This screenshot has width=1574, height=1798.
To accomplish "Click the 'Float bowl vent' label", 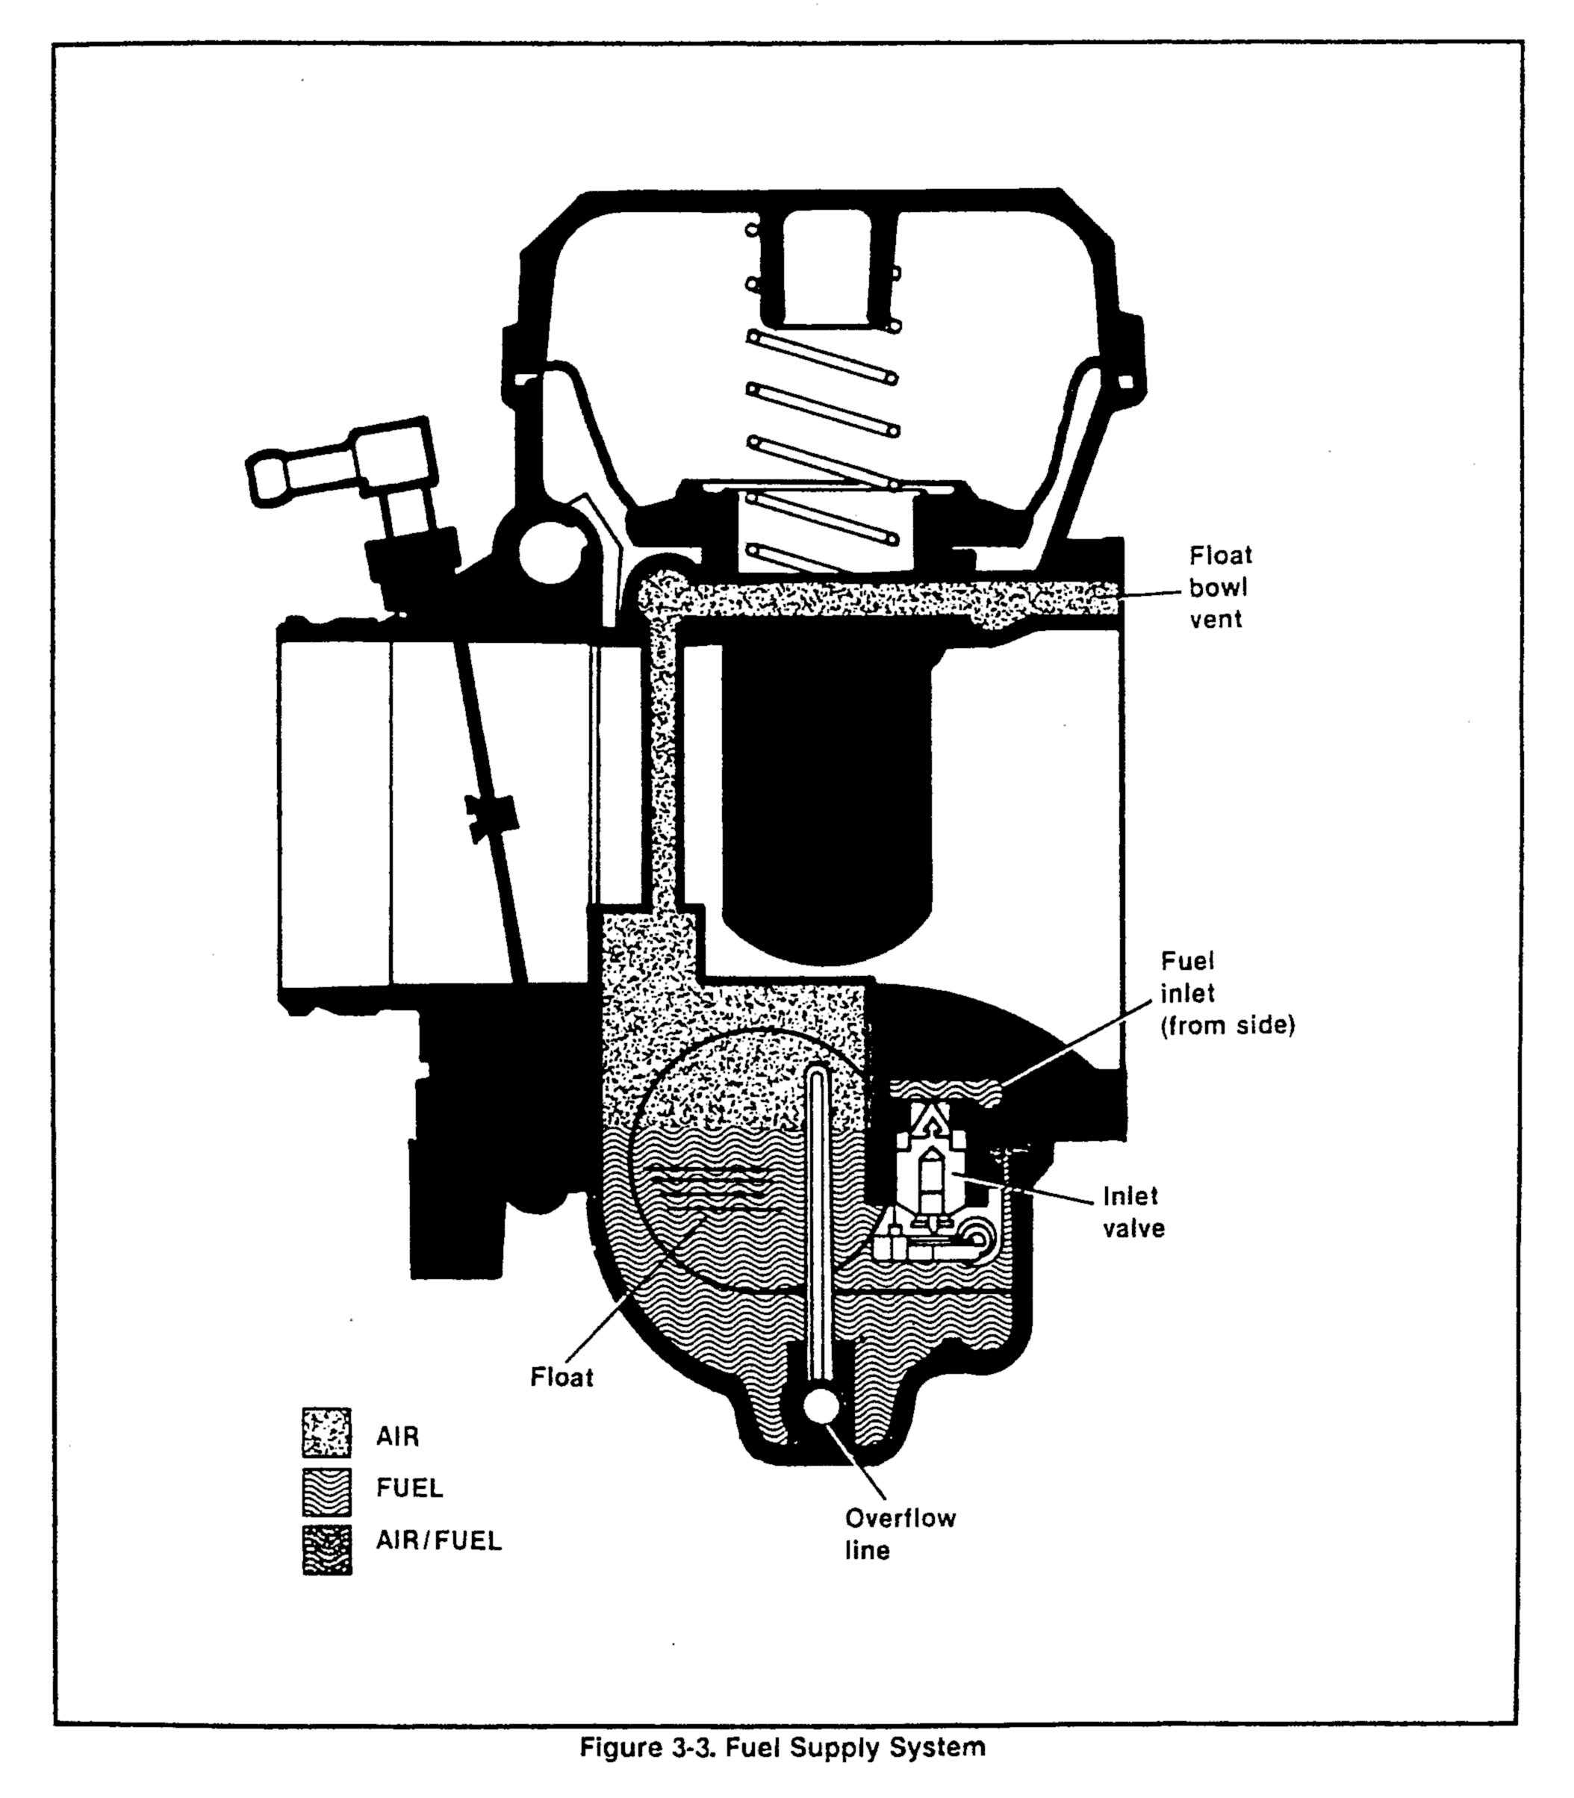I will pyautogui.click(x=1220, y=587).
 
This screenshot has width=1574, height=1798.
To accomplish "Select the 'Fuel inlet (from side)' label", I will pyautogui.click(x=1227, y=993).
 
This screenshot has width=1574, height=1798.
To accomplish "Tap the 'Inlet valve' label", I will pyautogui.click(x=1133, y=1212).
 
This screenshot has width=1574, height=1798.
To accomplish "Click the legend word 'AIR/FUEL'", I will pyautogui.click(x=438, y=1540).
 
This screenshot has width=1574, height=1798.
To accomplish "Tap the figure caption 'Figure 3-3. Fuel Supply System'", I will pyautogui.click(x=782, y=1747).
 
